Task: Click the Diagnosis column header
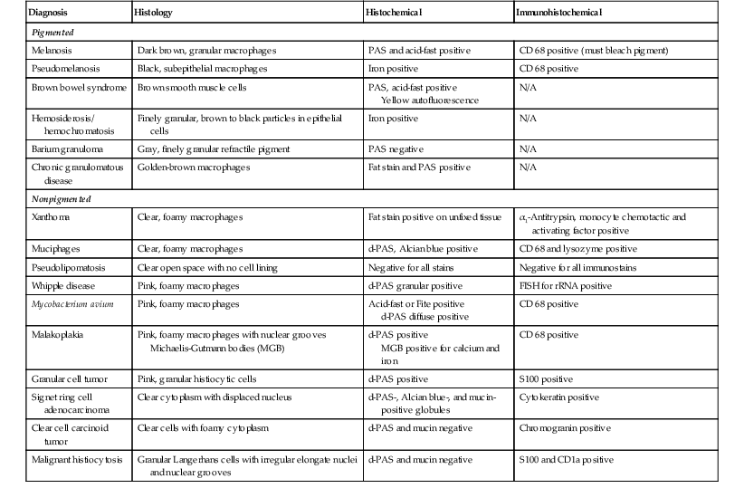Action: [x=52, y=14]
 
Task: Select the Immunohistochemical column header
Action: [x=566, y=14]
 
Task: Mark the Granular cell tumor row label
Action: [x=70, y=378]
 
